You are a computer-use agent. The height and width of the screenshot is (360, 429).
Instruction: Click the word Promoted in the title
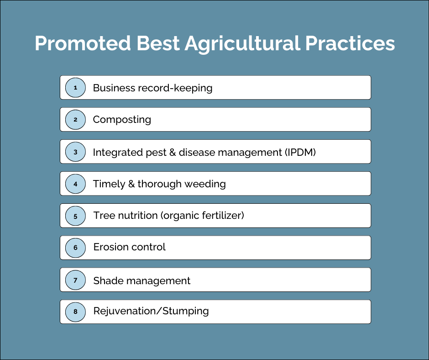83,43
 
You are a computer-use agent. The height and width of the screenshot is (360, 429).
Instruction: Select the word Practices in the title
350,43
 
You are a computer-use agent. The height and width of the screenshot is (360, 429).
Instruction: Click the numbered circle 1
75,88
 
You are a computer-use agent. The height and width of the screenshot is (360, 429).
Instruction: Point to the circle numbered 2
75,120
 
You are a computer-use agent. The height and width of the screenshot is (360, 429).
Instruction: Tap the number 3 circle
75,152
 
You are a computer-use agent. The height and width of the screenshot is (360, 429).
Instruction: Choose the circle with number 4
75,184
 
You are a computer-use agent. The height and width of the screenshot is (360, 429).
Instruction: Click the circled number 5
75,216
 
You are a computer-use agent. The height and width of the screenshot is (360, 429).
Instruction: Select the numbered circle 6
75,248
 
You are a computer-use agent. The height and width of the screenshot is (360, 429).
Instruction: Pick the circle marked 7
75,280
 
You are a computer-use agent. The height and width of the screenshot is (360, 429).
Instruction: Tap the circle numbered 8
75,312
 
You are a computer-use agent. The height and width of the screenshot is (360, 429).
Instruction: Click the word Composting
122,120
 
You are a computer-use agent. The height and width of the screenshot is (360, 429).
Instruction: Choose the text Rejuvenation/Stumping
151,312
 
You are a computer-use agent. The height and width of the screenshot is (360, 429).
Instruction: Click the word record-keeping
175,88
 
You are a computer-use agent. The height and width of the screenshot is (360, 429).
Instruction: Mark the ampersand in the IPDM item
173,152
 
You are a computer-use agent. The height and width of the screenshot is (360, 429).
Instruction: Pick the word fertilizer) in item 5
223,216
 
